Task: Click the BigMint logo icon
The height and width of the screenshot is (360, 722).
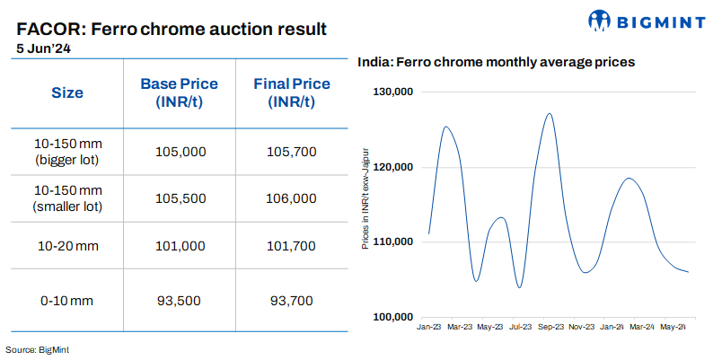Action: [x=600, y=20]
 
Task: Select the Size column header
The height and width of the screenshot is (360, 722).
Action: [x=67, y=92]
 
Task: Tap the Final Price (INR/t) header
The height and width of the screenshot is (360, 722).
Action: [x=292, y=92]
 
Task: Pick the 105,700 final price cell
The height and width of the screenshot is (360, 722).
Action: [x=292, y=152]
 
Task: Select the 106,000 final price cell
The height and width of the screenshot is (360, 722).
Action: [x=292, y=198]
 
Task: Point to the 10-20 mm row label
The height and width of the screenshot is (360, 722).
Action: [x=67, y=244]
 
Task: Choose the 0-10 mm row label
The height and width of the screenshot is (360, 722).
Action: [x=67, y=300]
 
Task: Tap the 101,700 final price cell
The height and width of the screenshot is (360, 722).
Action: [x=292, y=244]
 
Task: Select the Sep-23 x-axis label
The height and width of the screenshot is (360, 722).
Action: [x=551, y=328]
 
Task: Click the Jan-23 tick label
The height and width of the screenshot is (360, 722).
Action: [x=429, y=328]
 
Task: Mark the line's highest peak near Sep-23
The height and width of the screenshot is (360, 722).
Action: [x=549, y=114]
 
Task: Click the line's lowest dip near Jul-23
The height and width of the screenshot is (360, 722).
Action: [x=519, y=287]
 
